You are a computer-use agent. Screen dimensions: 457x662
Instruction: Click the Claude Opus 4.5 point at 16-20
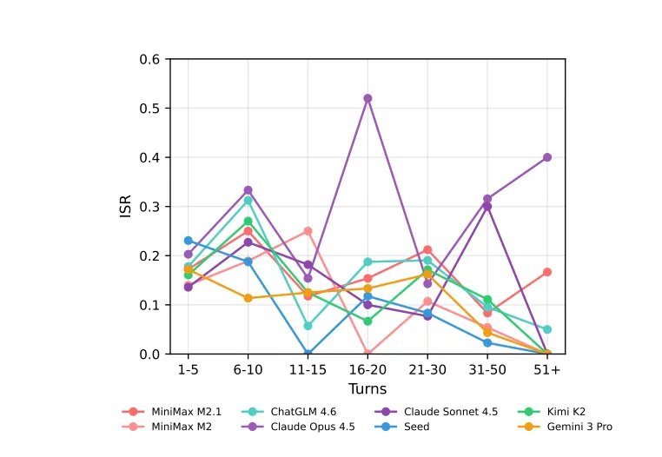(x=367, y=98)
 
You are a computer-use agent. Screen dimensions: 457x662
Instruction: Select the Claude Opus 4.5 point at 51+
(x=547, y=157)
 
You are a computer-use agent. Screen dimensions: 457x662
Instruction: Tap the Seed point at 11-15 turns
(x=308, y=354)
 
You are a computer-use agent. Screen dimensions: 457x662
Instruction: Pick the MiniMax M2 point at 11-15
(x=308, y=231)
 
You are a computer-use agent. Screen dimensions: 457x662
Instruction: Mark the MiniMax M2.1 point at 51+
(x=547, y=272)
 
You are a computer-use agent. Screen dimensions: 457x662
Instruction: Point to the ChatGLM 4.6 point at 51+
(x=547, y=329)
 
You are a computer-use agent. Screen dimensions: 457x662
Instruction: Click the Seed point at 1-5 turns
(x=188, y=241)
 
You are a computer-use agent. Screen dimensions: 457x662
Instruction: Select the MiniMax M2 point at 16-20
(x=367, y=354)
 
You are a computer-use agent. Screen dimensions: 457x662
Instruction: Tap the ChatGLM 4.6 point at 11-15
(x=308, y=326)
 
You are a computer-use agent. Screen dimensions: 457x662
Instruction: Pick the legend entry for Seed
(x=416, y=427)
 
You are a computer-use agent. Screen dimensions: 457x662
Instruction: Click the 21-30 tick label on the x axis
(x=427, y=369)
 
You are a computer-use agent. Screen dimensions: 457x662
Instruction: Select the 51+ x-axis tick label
(x=547, y=369)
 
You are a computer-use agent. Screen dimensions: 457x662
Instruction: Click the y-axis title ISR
(x=126, y=206)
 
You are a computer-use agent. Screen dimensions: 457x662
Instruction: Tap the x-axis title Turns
(x=367, y=388)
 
